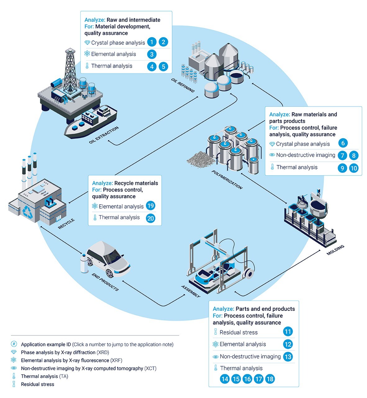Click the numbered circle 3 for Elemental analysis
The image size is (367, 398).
coord(152,54)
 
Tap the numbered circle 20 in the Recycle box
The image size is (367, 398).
coord(150,218)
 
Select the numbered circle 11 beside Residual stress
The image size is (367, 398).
coord(288,332)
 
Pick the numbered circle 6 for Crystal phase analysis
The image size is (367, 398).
coord(343,143)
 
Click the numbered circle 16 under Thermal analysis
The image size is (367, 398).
coord(247,379)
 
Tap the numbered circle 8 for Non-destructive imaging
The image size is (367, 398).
coord(353,155)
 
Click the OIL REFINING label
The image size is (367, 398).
coord(183,86)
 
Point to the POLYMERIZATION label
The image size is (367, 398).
coord(227,180)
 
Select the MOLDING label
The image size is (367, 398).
coord(335,250)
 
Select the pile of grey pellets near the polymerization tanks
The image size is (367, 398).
coord(200,159)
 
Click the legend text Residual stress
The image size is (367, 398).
coord(38,384)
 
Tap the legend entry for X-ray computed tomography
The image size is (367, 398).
coord(88,368)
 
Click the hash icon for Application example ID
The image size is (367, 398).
coord(14,344)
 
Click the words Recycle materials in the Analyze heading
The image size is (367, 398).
coord(136,183)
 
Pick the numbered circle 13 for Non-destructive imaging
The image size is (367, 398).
coord(288,357)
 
